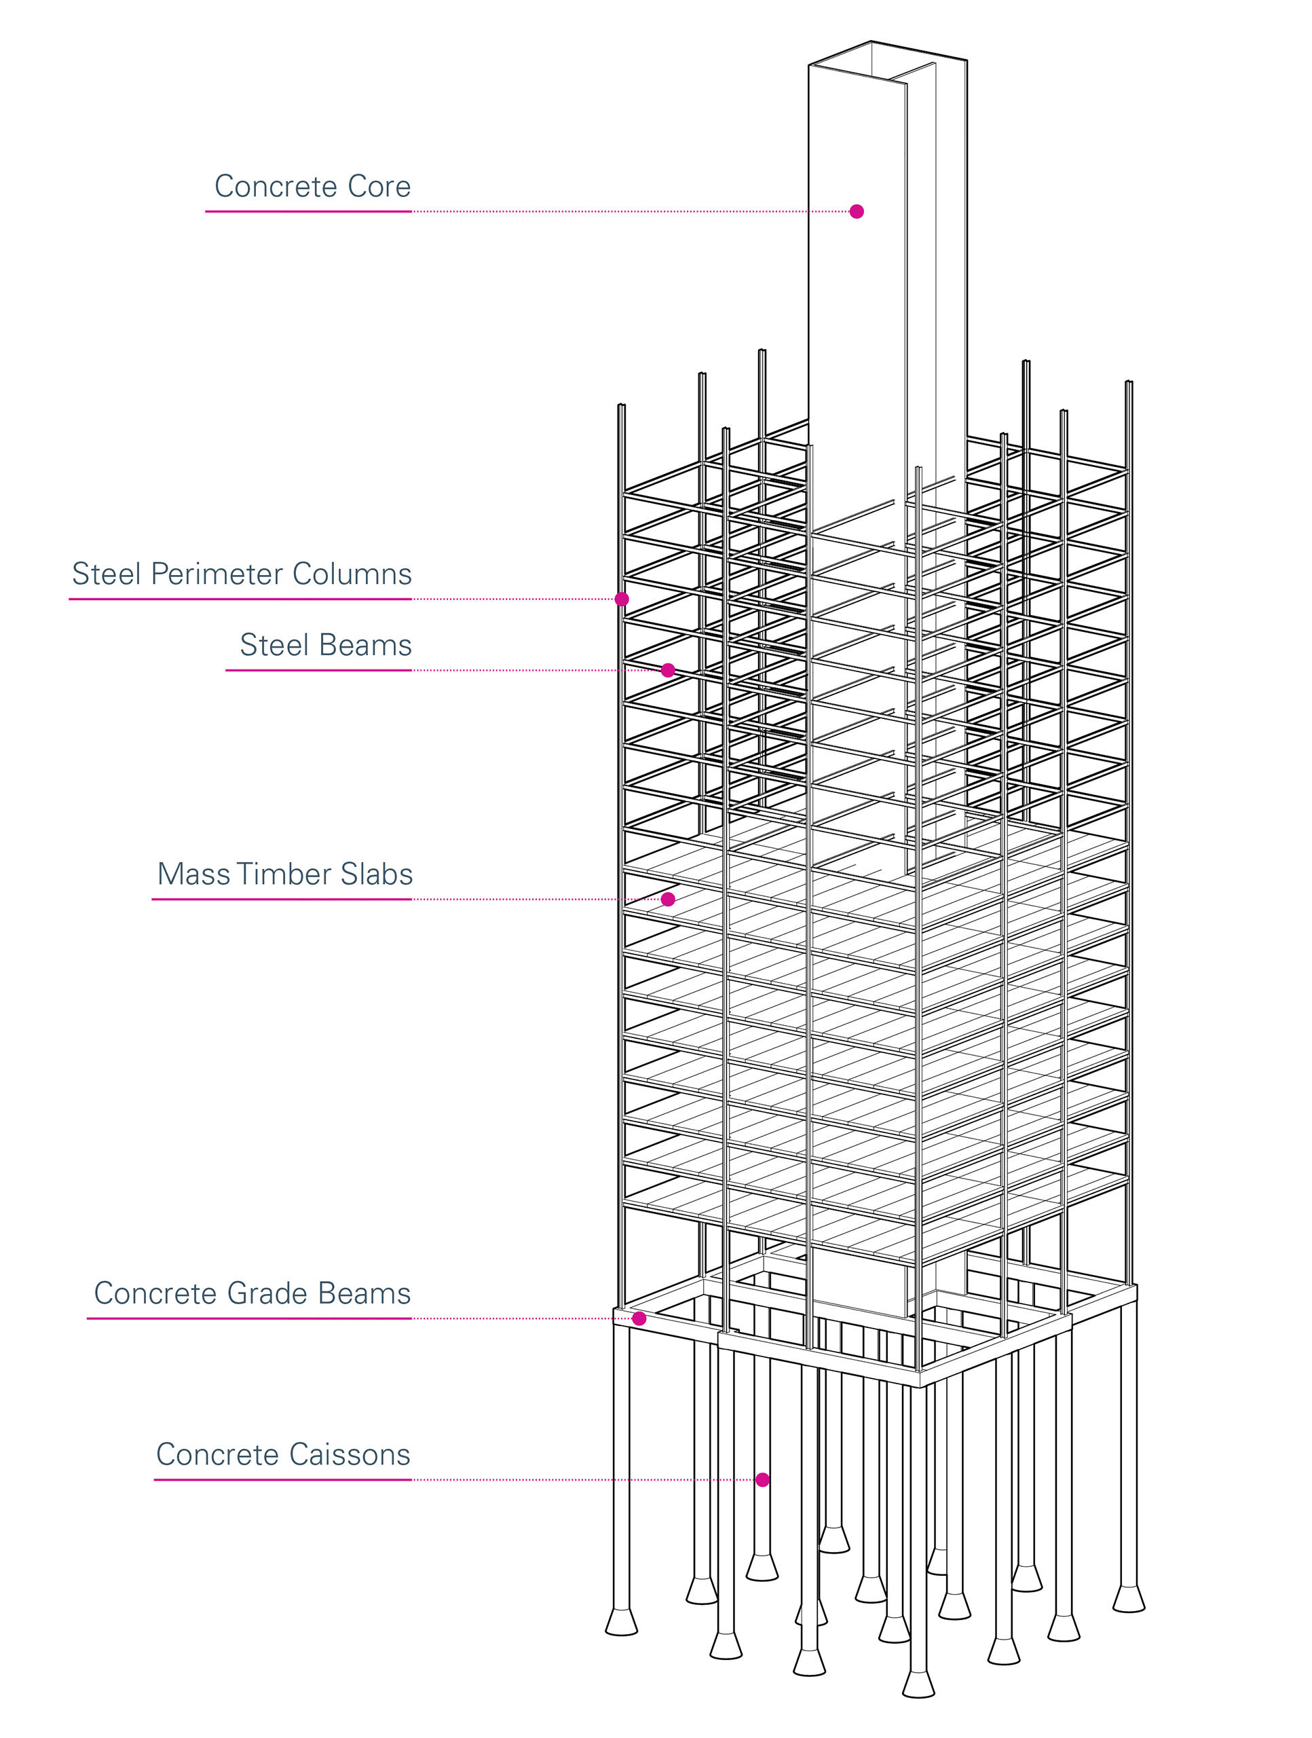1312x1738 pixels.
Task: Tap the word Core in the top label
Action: click(379, 187)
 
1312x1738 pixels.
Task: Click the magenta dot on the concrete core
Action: click(857, 211)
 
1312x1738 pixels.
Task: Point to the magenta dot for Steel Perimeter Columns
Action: click(622, 599)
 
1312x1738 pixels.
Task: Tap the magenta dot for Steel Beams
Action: click(668, 670)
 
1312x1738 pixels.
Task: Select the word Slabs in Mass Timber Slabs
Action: click(376, 874)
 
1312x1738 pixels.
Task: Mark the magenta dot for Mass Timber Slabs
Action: click(668, 899)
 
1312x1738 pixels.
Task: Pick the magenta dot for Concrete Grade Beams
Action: click(639, 1318)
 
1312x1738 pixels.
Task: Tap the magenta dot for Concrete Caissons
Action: click(762, 1479)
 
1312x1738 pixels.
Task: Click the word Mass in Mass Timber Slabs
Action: click(193, 874)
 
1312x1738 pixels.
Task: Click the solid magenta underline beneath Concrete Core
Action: click(308, 211)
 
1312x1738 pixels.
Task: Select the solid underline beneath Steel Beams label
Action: click(318, 670)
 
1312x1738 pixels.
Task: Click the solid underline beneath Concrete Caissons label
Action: click(283, 1479)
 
